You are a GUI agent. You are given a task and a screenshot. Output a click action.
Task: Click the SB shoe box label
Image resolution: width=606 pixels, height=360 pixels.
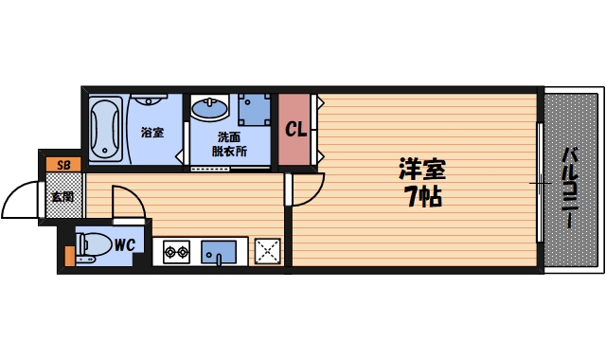click(x=63, y=165)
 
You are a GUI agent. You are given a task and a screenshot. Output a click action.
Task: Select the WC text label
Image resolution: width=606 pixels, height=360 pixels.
click(x=126, y=245)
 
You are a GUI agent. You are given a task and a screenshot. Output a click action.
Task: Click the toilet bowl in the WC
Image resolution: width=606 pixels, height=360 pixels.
click(x=93, y=245)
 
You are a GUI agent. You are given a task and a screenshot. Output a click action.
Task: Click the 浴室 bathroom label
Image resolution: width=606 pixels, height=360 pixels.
click(x=151, y=133)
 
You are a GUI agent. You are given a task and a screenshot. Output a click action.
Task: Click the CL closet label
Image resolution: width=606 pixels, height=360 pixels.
click(x=294, y=129)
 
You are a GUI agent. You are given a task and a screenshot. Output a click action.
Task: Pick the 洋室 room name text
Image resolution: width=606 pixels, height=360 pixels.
click(x=420, y=171)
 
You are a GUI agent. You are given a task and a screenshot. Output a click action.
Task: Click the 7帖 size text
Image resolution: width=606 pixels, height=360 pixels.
click(x=420, y=198)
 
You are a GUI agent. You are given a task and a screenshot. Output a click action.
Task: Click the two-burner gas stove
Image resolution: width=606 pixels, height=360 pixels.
click(x=176, y=252)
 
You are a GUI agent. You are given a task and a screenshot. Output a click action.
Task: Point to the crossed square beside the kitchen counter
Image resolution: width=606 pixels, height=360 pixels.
click(x=268, y=251)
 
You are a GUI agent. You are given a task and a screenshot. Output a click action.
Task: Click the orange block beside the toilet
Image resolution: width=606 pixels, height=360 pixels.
click(x=68, y=254)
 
